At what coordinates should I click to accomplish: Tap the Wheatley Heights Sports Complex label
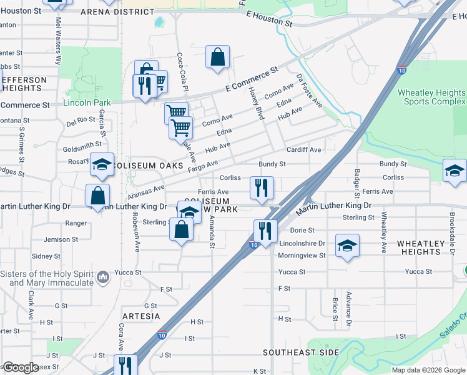[x=431, y=97]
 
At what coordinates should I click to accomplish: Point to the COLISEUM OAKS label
[x=149, y=166]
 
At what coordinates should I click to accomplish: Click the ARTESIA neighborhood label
[x=141, y=316]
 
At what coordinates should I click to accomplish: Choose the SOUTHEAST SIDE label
[x=300, y=352]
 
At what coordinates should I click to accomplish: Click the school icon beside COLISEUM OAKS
[x=101, y=165]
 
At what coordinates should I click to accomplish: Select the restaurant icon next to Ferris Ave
[x=261, y=187]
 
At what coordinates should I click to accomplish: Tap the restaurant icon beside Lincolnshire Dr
[x=265, y=231]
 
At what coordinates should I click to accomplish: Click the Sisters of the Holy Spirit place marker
[x=104, y=275]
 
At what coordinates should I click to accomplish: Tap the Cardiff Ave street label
[x=303, y=150]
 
